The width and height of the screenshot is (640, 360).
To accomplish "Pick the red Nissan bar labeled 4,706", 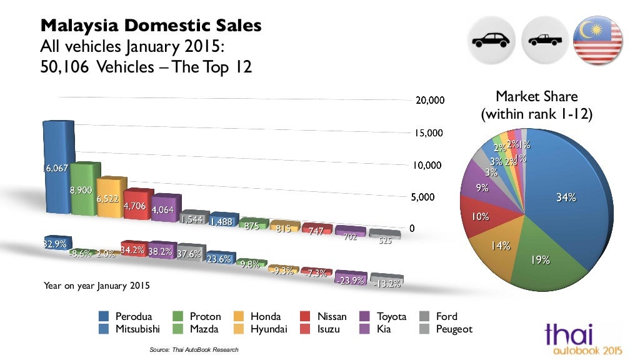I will point(137,204).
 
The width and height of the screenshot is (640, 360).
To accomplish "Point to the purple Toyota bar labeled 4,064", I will point(164,208).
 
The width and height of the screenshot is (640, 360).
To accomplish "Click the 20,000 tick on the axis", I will point(429,101).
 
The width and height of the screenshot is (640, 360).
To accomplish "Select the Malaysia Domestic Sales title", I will point(151,26).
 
